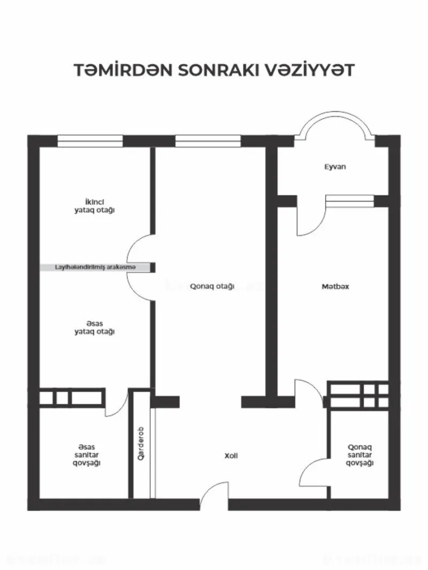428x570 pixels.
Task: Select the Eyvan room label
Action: [335, 167]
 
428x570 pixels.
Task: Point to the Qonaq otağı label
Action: [212, 287]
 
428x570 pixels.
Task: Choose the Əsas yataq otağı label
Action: [95, 327]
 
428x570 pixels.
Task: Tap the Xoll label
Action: [231, 456]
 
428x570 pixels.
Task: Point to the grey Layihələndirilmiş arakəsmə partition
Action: [95, 267]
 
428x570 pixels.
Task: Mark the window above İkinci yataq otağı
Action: [90, 141]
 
